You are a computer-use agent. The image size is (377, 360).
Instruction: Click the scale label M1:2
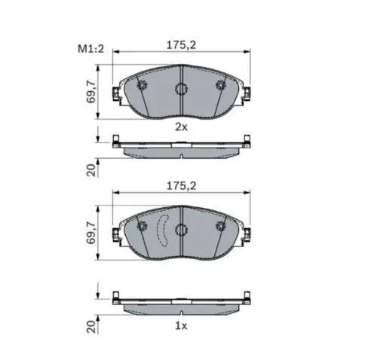click(x=90, y=49)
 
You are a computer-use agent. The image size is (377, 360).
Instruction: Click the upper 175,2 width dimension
click(x=181, y=45)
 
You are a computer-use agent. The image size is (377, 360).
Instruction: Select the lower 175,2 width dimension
click(x=181, y=186)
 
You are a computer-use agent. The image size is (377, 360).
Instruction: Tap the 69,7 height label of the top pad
click(x=91, y=92)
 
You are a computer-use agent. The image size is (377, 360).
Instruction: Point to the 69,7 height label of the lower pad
click(x=91, y=233)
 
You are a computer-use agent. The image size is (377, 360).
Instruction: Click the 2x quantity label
click(x=181, y=127)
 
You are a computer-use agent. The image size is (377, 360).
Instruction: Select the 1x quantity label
click(x=181, y=326)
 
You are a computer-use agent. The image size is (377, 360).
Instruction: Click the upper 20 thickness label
click(x=91, y=170)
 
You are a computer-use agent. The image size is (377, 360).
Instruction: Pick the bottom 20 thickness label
click(x=91, y=327)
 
